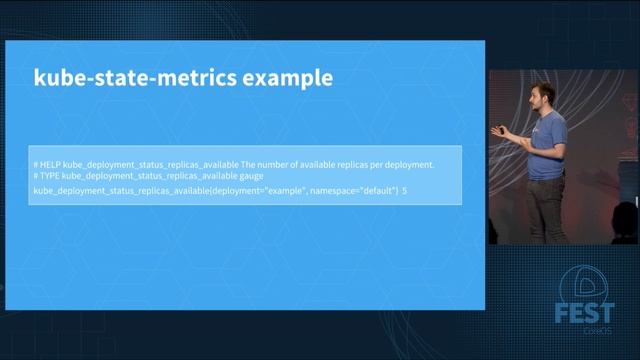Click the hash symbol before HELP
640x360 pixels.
pyautogui.click(x=35, y=164)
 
